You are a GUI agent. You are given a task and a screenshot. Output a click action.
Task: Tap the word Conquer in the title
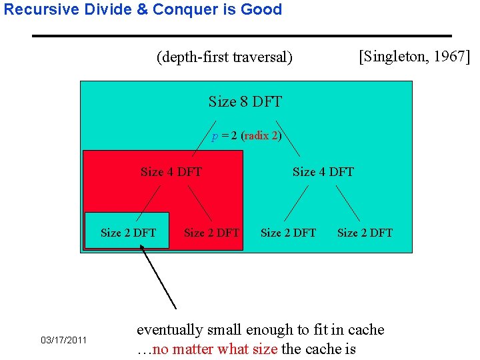tap(180, 10)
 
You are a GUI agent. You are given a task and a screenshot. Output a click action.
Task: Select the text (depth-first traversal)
tap(224, 57)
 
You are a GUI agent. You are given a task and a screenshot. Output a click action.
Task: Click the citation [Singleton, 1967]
tap(414, 56)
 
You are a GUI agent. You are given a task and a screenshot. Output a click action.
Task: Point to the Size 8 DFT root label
tap(245, 102)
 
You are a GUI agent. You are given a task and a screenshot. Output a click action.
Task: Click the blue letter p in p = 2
tap(215, 136)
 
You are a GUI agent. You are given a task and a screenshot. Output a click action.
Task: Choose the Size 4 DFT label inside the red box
tap(171, 172)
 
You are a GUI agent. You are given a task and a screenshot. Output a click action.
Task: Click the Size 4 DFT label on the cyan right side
tap(323, 172)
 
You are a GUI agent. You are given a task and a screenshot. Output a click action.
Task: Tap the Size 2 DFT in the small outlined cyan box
tap(128, 233)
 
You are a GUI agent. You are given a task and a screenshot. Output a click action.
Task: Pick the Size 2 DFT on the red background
tap(211, 233)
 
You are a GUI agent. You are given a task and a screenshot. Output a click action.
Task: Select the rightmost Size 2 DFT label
tap(365, 233)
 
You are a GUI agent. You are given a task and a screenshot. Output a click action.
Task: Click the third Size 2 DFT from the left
tap(288, 233)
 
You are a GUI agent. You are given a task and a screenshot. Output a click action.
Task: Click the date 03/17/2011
tap(64, 341)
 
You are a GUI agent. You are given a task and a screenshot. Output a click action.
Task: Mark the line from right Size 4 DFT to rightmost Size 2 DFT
tap(347, 203)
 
